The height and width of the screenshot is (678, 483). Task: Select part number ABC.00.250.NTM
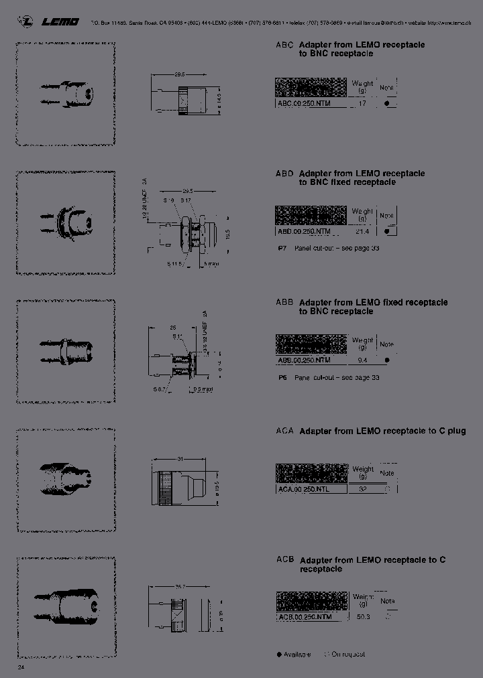(304, 104)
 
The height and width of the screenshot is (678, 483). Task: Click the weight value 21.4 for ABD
(363, 231)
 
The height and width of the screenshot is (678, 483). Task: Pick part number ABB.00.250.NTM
(304, 360)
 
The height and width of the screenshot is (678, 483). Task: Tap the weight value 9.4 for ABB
(363, 360)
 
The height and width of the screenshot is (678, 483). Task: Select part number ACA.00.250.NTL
(304, 489)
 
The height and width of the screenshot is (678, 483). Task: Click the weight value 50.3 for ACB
(363, 616)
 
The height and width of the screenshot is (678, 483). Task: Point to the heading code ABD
(284, 174)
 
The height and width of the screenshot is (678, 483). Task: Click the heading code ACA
(284, 431)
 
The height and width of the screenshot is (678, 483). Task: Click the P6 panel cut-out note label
(282, 377)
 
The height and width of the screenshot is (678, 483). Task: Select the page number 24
(21, 668)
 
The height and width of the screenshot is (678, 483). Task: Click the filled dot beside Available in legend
(279, 654)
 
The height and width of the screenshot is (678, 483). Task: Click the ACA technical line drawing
(179, 484)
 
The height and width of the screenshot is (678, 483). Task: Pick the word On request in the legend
(348, 654)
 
